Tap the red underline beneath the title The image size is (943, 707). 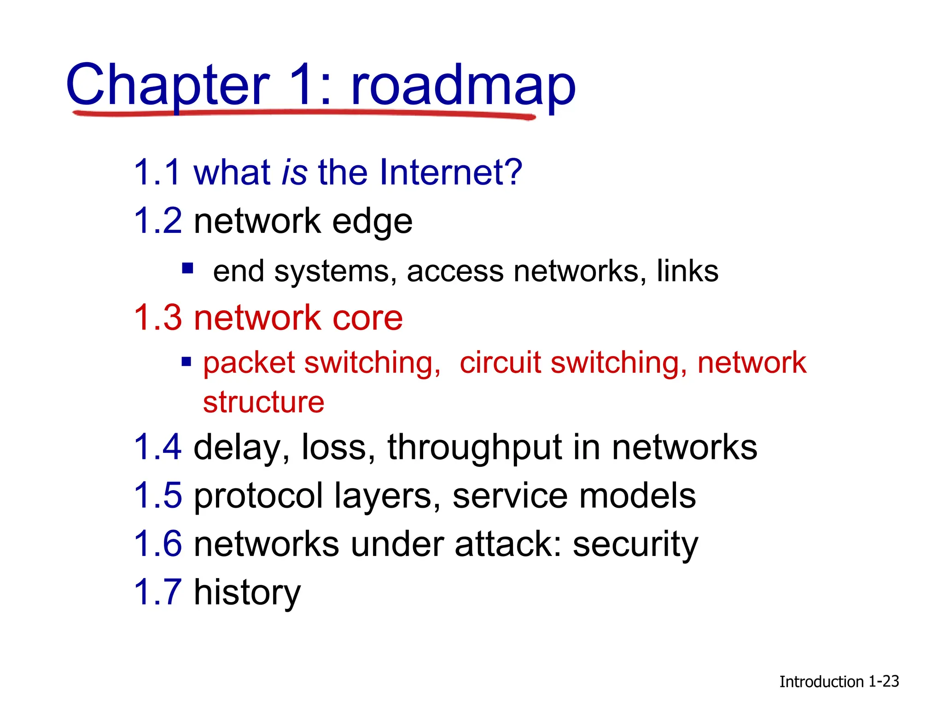click(304, 113)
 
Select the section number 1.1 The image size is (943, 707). click(157, 172)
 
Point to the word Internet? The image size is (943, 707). click(451, 172)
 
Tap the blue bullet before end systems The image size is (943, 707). click(187, 268)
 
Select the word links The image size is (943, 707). click(687, 271)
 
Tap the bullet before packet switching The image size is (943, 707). click(186, 362)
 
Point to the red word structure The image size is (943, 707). click(263, 402)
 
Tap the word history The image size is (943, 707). click(247, 593)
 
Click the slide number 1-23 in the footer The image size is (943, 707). click(883, 681)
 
